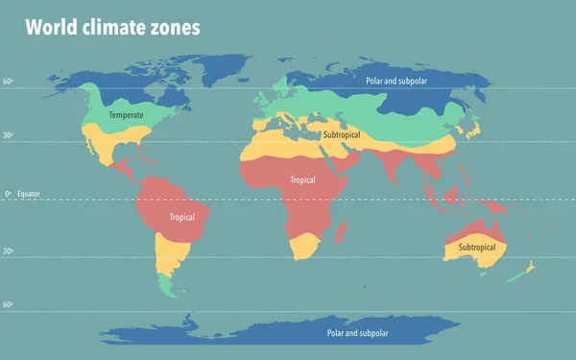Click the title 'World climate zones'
(x=112, y=27)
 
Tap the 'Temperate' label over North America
(x=126, y=115)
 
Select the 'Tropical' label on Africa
(x=302, y=180)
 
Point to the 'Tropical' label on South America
(x=181, y=217)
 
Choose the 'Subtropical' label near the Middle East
(x=348, y=135)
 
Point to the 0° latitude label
(x=8, y=194)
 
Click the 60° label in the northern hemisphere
(x=7, y=83)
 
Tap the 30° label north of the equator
(x=7, y=135)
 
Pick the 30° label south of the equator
(x=7, y=251)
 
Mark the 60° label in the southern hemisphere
(x=7, y=304)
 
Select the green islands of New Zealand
(x=516, y=274)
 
